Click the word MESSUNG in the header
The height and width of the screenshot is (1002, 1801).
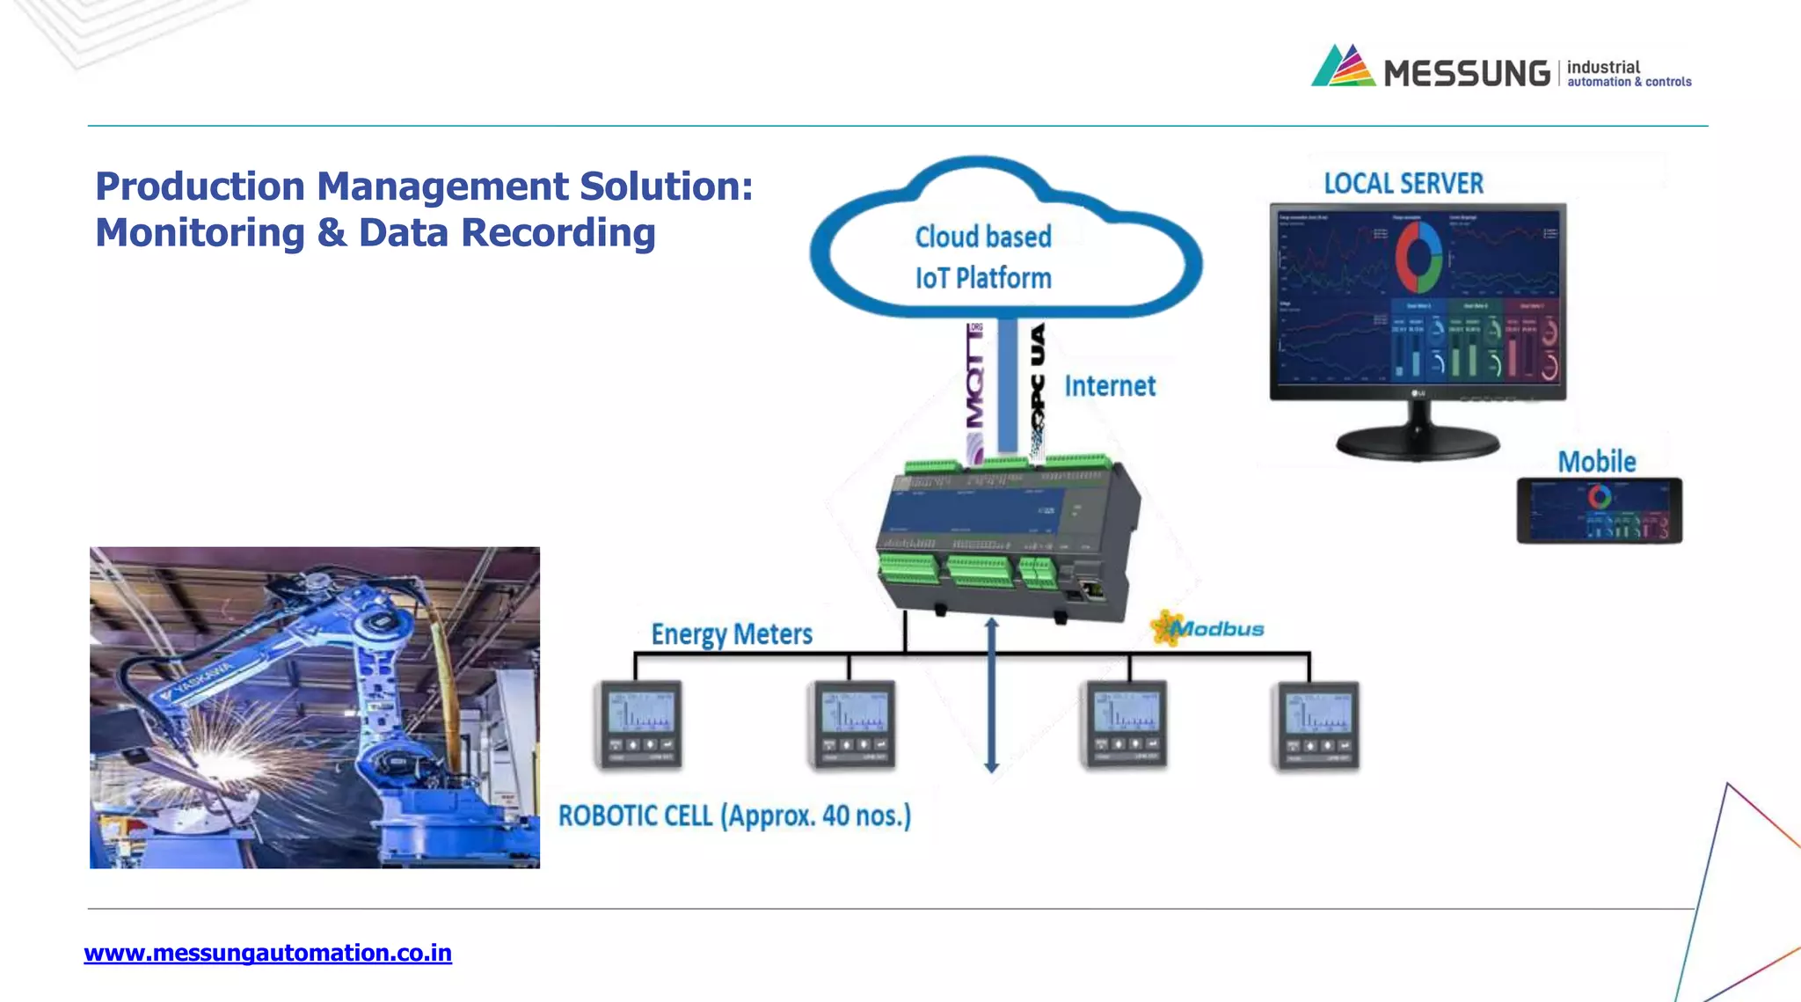[1466, 73]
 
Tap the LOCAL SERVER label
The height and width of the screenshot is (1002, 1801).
[1404, 183]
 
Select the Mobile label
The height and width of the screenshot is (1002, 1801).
[1596, 461]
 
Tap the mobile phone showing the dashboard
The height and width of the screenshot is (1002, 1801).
[1599, 511]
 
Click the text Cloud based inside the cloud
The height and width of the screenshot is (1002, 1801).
[982, 237]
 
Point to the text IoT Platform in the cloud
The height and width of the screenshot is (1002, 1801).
[982, 278]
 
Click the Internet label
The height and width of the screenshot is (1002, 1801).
[1110, 385]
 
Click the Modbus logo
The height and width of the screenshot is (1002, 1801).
[1208, 628]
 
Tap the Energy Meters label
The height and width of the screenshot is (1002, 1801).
[731, 633]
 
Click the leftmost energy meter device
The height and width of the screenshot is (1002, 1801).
[639, 725]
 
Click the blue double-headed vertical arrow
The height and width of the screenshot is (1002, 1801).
[991, 695]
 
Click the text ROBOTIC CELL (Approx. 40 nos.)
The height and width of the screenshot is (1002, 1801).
[734, 815]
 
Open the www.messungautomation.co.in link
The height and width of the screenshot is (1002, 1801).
[267, 953]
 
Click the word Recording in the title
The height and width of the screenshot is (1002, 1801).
[558, 233]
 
